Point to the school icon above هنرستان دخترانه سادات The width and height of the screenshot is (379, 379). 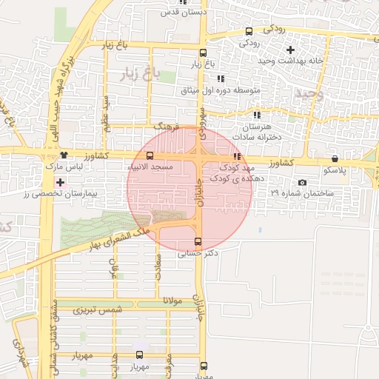click(x=257, y=115)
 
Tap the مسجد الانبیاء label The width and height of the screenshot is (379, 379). click(x=150, y=167)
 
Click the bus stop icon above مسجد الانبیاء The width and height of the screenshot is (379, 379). click(x=150, y=156)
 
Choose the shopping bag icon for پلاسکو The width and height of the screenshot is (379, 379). click(x=335, y=158)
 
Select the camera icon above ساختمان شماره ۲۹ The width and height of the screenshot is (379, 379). click(x=302, y=182)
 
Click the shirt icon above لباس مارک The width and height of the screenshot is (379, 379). click(x=65, y=155)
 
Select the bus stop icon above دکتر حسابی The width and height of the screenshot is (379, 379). click(x=197, y=241)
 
